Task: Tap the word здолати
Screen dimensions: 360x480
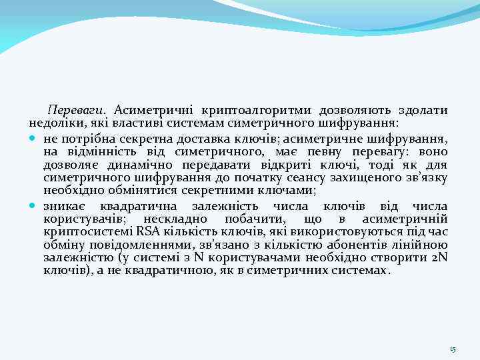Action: (x=423, y=109)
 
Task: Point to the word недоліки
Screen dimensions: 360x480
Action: (x=51, y=123)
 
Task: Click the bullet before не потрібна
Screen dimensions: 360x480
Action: (x=33, y=138)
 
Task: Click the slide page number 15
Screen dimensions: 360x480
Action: (x=452, y=349)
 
